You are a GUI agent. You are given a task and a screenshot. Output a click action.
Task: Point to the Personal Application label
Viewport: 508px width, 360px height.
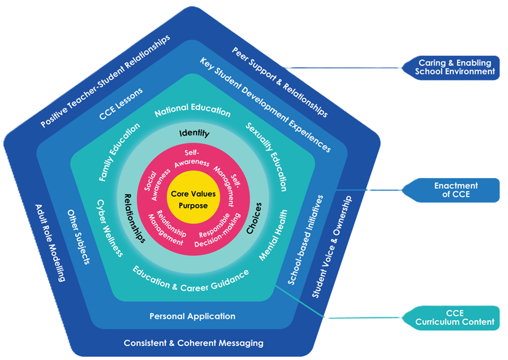pyautogui.click(x=192, y=316)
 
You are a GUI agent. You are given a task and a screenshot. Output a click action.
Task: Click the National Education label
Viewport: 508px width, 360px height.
pyautogui.click(x=192, y=109)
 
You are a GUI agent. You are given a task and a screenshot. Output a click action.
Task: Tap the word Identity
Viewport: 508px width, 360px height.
pyautogui.click(x=194, y=133)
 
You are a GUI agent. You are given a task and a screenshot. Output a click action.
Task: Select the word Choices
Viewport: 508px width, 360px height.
pyautogui.click(x=254, y=219)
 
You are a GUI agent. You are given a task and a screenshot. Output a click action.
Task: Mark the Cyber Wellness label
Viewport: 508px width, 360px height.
pyautogui.click(x=110, y=227)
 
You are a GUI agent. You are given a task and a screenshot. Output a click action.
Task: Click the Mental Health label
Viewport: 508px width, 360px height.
pyautogui.click(x=274, y=235)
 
